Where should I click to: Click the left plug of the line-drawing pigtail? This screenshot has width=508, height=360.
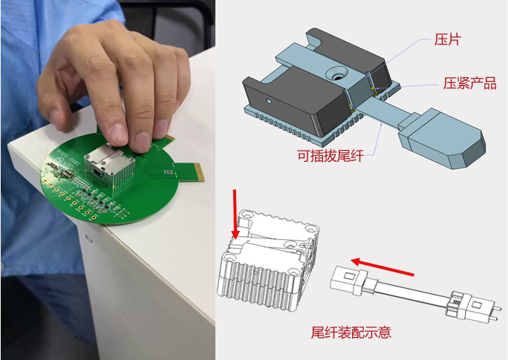pos(348,283)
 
